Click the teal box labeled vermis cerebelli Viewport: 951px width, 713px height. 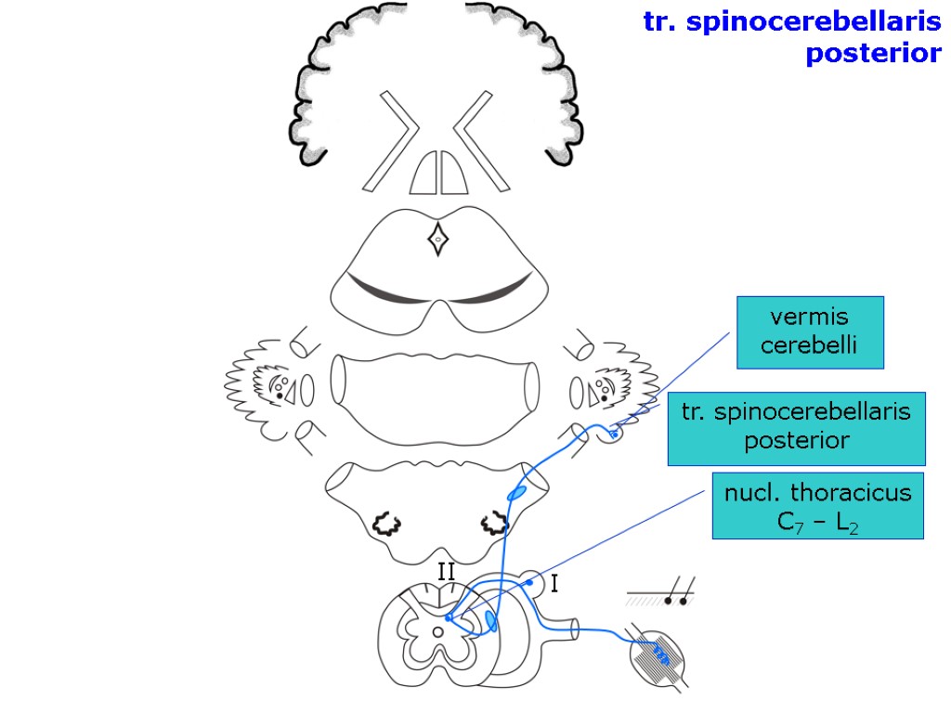pyautogui.click(x=809, y=331)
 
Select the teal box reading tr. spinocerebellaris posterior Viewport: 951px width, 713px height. pyautogui.click(x=796, y=427)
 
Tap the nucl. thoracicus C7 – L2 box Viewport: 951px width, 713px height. pyautogui.click(x=817, y=506)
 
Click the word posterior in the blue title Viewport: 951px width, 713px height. pyautogui.click(x=872, y=54)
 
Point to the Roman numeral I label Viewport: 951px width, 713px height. pyautogui.click(x=554, y=584)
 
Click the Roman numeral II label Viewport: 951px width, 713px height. pyautogui.click(x=446, y=571)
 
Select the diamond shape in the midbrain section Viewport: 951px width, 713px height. pyautogui.click(x=437, y=240)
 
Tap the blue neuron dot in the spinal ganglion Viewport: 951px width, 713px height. pyautogui.click(x=528, y=582)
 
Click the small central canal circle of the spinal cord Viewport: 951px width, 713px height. pyautogui.click(x=437, y=632)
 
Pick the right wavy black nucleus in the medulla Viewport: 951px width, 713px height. pyautogui.click(x=493, y=525)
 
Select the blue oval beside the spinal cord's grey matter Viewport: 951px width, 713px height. pyautogui.click(x=491, y=620)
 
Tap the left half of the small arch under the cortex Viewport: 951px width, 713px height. pyautogui.click(x=423, y=174)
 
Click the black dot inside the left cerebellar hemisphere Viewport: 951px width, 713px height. pyautogui.click(x=279, y=395)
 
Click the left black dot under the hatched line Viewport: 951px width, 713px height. pyautogui.click(x=668, y=601)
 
